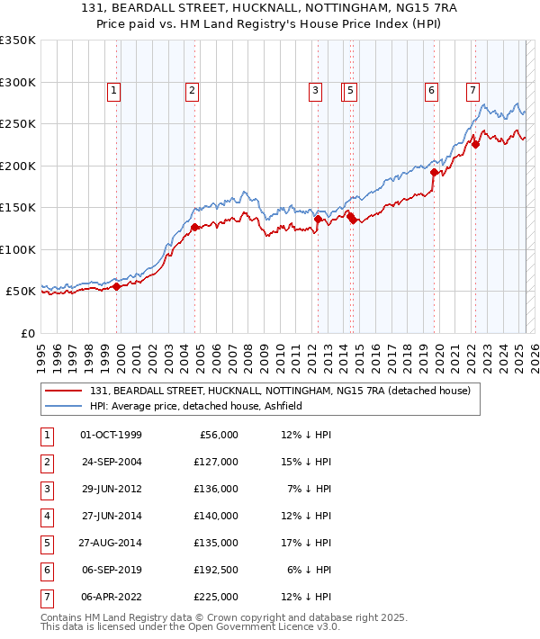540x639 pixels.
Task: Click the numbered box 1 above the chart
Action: pos(114,90)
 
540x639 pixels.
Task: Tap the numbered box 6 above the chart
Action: pos(432,90)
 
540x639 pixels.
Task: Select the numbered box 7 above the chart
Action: pos(472,90)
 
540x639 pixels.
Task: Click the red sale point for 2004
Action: pos(194,227)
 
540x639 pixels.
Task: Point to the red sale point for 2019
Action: pos(434,172)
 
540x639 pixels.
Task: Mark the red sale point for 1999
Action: pos(116,286)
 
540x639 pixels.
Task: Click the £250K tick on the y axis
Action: pos(18,124)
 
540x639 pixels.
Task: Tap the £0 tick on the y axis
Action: pos(27,334)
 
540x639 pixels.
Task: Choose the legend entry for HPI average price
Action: pos(195,407)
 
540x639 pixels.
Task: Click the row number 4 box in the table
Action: pos(45,517)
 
